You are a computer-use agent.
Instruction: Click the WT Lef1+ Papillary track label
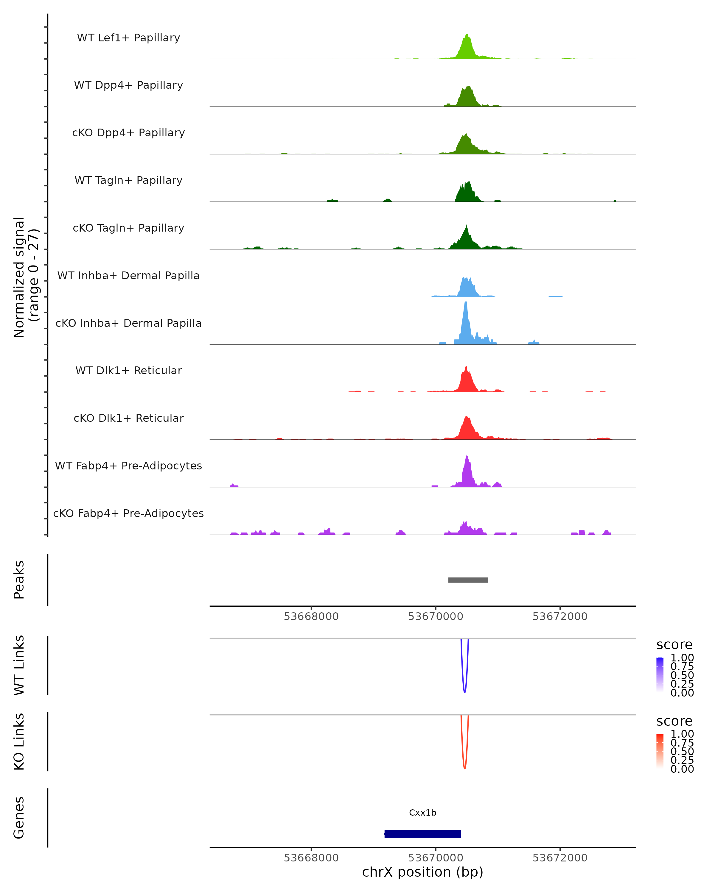coord(128,38)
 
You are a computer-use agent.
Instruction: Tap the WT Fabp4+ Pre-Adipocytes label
coord(128,466)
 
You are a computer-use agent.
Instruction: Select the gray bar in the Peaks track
coord(468,580)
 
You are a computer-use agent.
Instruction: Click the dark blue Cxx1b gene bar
coord(423,834)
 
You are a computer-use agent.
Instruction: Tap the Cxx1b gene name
coord(422,813)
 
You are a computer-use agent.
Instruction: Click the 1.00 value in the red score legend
coord(682,734)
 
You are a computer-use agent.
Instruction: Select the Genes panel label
coord(19,818)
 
